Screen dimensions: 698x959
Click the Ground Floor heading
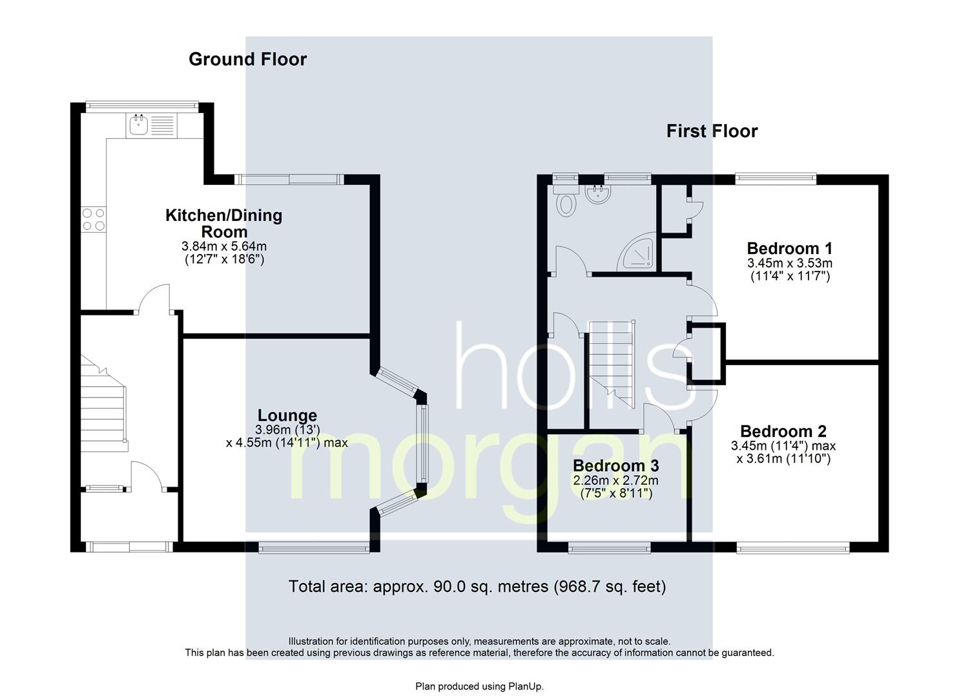[x=247, y=59]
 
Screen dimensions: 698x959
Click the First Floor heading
[x=712, y=131]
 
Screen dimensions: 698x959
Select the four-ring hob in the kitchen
[x=93, y=219]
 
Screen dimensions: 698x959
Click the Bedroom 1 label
[x=789, y=248]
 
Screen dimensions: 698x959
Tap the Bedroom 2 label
[x=783, y=431]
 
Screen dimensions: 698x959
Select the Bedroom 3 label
[x=615, y=465]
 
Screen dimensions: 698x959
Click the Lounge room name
[x=287, y=416]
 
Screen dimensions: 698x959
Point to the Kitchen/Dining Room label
[x=224, y=223]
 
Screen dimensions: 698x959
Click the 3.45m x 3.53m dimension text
[x=789, y=263]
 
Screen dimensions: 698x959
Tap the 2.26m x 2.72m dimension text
[x=615, y=480]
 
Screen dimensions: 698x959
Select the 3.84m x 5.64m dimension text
[x=224, y=246]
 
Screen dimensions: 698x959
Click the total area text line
[x=477, y=586]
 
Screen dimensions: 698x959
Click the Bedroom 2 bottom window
[x=793, y=549]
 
